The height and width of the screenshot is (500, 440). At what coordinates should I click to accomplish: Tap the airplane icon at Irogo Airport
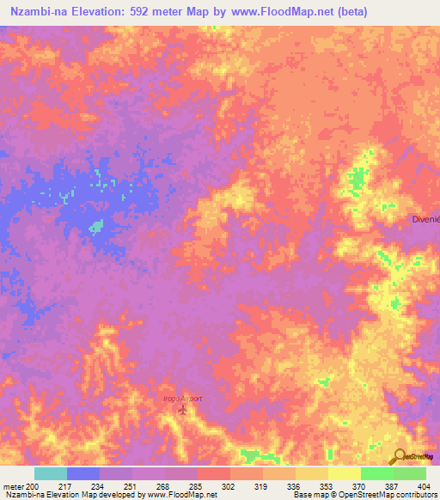tap(182, 408)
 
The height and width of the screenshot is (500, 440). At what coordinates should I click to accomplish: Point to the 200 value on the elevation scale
tap(33, 486)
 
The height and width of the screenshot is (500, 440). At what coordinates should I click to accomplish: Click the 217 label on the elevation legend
tap(66, 486)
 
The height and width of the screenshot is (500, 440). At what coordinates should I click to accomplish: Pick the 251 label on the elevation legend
tap(131, 486)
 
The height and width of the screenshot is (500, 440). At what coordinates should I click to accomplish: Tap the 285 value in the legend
tap(197, 486)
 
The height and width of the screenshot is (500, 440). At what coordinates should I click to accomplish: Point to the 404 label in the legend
tap(425, 486)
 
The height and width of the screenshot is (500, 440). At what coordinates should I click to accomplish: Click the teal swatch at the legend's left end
tap(50, 473)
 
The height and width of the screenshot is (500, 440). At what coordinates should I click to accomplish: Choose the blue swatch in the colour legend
tap(82, 473)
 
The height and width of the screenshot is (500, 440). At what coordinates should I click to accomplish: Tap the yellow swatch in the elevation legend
tap(345, 473)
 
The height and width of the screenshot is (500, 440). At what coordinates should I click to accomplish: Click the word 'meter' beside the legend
tap(13, 486)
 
